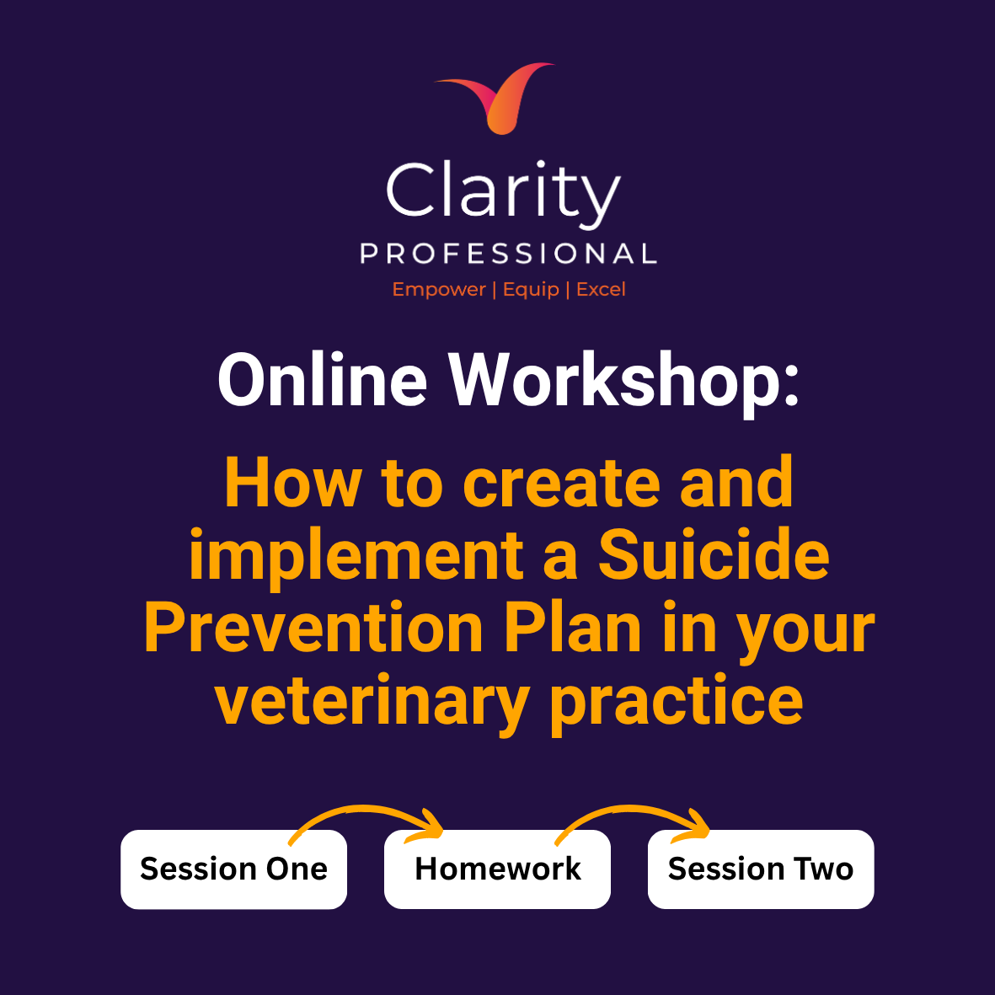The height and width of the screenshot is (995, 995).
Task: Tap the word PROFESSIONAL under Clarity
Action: click(x=508, y=254)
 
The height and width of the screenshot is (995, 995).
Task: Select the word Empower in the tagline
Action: click(x=439, y=290)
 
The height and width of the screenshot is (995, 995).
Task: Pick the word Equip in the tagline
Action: click(x=531, y=290)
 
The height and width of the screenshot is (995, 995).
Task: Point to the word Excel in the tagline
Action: click(x=601, y=289)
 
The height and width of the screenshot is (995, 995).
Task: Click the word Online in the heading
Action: click(x=323, y=379)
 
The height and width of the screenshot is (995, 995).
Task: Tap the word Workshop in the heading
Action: click(x=624, y=382)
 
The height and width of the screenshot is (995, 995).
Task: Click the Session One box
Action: click(x=233, y=869)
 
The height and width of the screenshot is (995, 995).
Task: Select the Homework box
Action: click(x=497, y=869)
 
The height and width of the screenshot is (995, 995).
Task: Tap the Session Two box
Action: click(x=761, y=869)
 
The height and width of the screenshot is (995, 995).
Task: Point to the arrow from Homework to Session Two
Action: click(x=631, y=808)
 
